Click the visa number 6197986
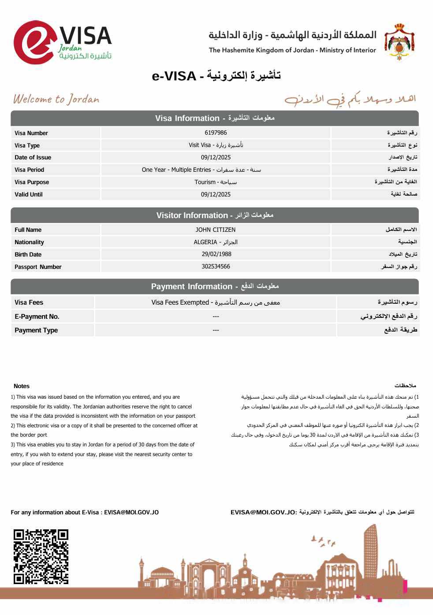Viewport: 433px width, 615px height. click(x=216, y=132)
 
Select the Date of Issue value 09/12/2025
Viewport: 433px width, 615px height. click(x=216, y=157)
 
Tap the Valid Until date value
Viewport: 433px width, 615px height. click(x=216, y=194)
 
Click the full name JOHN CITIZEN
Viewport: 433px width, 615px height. click(x=216, y=230)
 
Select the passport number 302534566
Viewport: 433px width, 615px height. click(x=216, y=266)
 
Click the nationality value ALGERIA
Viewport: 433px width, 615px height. click(x=205, y=242)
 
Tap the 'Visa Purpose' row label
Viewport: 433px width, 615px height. click(x=32, y=182)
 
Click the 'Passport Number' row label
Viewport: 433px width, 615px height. click(x=38, y=267)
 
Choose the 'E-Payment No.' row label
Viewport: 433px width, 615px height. click(x=37, y=317)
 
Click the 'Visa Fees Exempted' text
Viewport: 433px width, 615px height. click(x=180, y=302)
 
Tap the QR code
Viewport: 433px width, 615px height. click(x=41, y=556)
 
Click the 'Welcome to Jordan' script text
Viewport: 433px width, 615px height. click(x=56, y=99)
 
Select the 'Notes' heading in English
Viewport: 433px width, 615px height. click(x=22, y=386)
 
